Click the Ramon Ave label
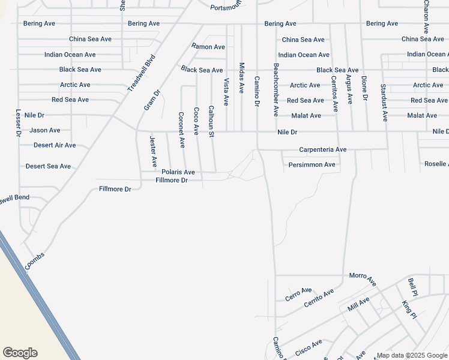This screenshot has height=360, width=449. click(x=208, y=47)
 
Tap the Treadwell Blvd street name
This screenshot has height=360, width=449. click(x=141, y=73)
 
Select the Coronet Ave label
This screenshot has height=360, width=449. click(x=182, y=130)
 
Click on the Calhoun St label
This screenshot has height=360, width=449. click(x=211, y=122)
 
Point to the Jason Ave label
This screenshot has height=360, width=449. click(x=45, y=130)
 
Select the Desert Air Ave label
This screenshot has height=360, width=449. click(x=55, y=145)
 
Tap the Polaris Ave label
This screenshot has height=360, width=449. click(x=178, y=172)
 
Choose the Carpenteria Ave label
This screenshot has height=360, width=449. click(x=323, y=150)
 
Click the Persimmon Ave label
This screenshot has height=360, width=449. click(x=312, y=164)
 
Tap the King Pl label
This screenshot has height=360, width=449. click(x=409, y=310)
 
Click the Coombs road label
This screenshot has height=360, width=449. click(x=35, y=260)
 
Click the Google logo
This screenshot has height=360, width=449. click(x=20, y=353)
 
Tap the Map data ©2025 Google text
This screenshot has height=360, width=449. click(x=411, y=356)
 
